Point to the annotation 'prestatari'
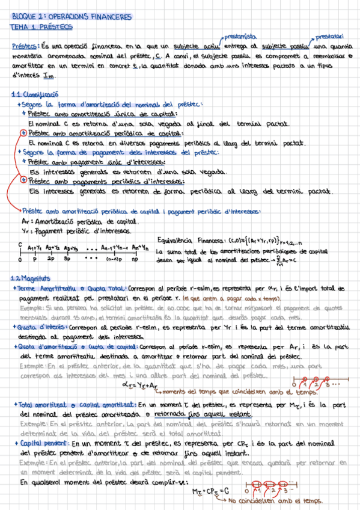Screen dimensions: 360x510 point(328,36)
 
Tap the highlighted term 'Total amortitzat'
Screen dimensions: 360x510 point(36,406)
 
